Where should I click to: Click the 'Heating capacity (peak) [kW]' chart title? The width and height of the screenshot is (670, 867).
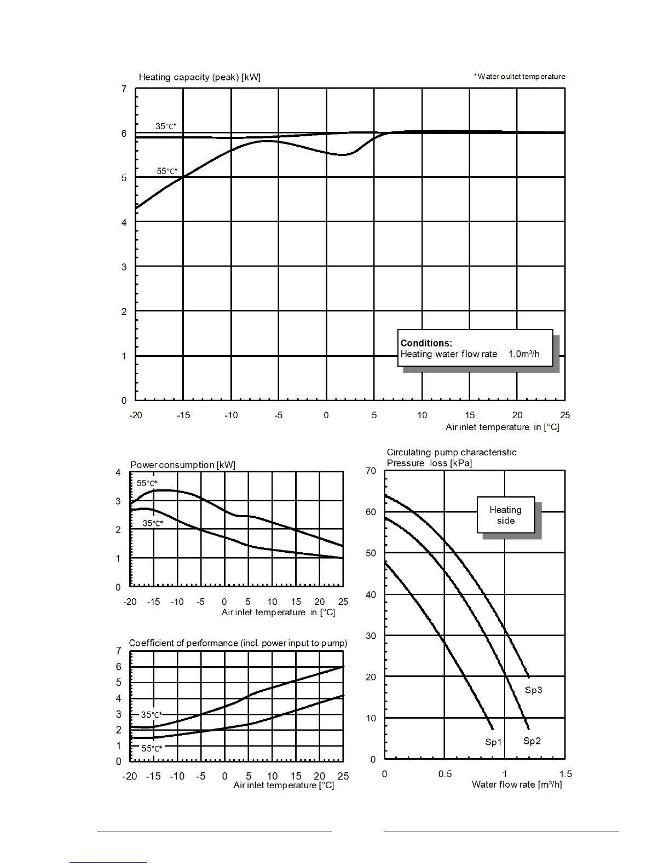click(199, 77)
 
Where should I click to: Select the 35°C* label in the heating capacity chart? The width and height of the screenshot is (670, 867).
click(166, 126)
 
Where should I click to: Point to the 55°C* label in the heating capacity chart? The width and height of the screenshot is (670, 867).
click(167, 171)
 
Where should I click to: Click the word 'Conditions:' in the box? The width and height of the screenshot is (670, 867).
click(426, 343)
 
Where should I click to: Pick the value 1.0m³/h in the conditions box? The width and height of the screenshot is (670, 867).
click(524, 354)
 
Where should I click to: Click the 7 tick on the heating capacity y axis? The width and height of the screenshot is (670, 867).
click(124, 89)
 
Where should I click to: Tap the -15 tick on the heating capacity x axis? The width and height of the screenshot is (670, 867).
click(183, 415)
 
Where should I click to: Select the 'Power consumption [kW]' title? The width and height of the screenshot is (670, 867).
click(183, 465)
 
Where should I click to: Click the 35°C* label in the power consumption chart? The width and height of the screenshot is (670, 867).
click(153, 523)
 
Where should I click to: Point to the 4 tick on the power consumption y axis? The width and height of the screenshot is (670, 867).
click(118, 472)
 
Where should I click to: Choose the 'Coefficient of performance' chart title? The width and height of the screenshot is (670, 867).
click(238, 643)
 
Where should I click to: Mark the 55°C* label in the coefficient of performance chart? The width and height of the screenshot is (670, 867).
click(152, 749)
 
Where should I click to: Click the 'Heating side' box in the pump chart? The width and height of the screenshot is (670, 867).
click(506, 515)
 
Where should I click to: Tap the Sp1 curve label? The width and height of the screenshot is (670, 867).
click(493, 743)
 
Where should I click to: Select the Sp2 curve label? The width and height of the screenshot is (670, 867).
click(532, 741)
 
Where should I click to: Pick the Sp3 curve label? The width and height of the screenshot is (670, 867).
click(533, 690)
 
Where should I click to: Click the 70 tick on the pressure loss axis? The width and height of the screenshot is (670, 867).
click(371, 471)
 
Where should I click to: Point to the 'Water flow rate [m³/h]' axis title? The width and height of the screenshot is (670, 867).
click(517, 785)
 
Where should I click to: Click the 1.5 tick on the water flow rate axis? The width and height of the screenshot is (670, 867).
click(565, 774)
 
